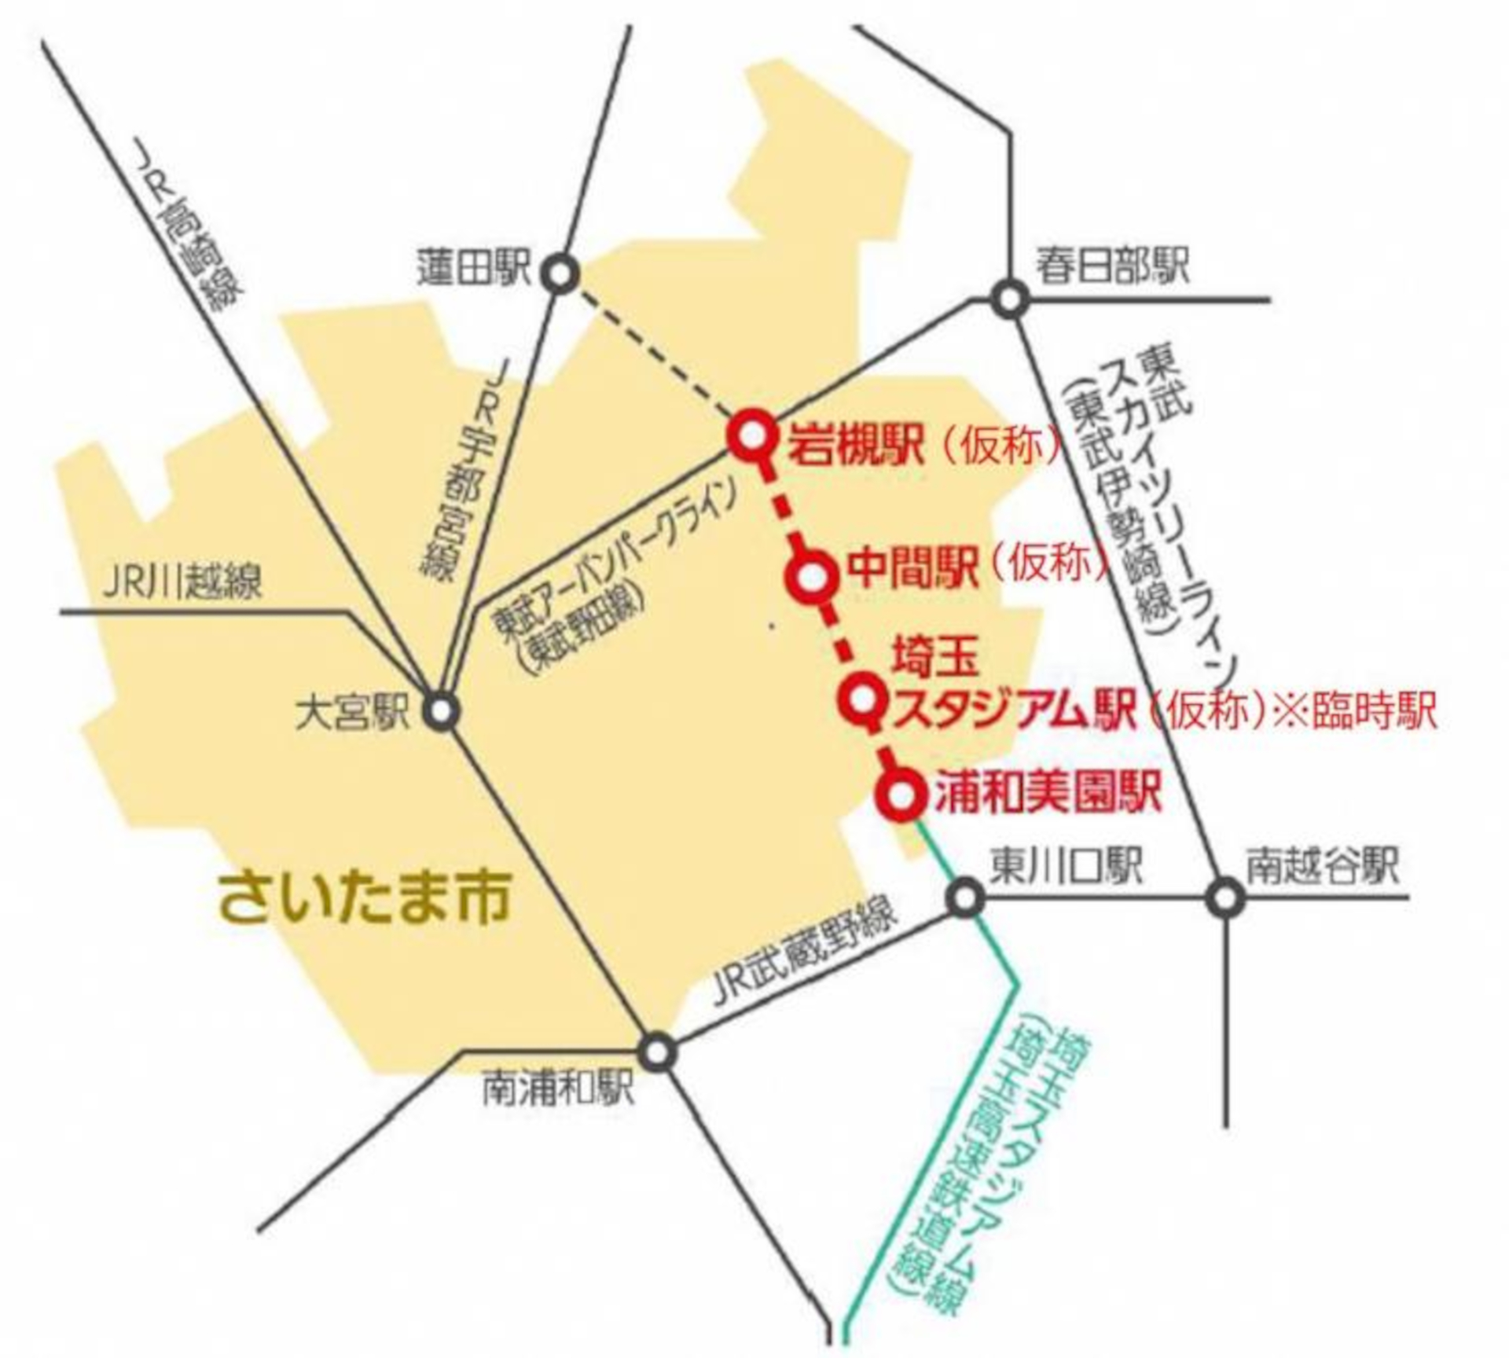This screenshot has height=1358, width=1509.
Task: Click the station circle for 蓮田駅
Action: pos(560,274)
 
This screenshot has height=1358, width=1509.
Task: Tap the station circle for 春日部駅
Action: pos(1008,299)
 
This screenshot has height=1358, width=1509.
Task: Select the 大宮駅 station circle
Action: pos(442,711)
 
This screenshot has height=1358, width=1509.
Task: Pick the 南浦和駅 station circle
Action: pos(659,1051)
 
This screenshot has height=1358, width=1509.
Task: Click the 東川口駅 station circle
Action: pos(966,897)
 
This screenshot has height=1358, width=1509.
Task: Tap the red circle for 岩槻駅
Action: pos(751,435)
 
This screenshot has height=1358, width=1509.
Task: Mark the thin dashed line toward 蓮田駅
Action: pos(652,350)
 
